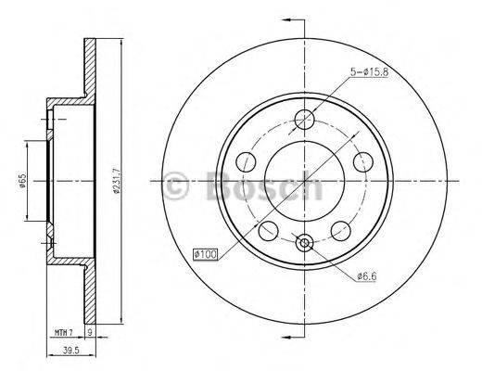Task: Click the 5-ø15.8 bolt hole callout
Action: (375, 70)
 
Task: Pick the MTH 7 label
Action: (62, 331)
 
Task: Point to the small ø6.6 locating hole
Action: (304, 243)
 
